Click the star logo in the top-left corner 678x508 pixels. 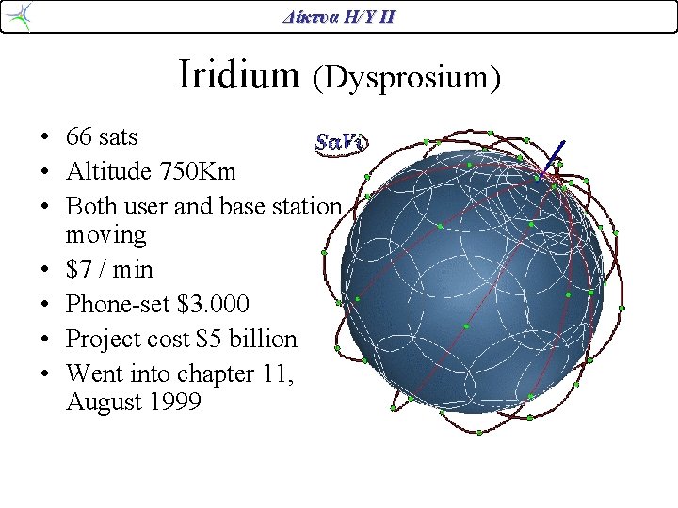(20, 16)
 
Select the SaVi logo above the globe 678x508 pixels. (339, 143)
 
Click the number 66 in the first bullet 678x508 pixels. (79, 137)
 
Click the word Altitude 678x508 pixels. (105, 172)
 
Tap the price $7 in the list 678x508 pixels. (78, 270)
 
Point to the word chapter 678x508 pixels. (212, 373)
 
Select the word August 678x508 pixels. (103, 405)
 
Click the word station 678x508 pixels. (308, 206)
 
